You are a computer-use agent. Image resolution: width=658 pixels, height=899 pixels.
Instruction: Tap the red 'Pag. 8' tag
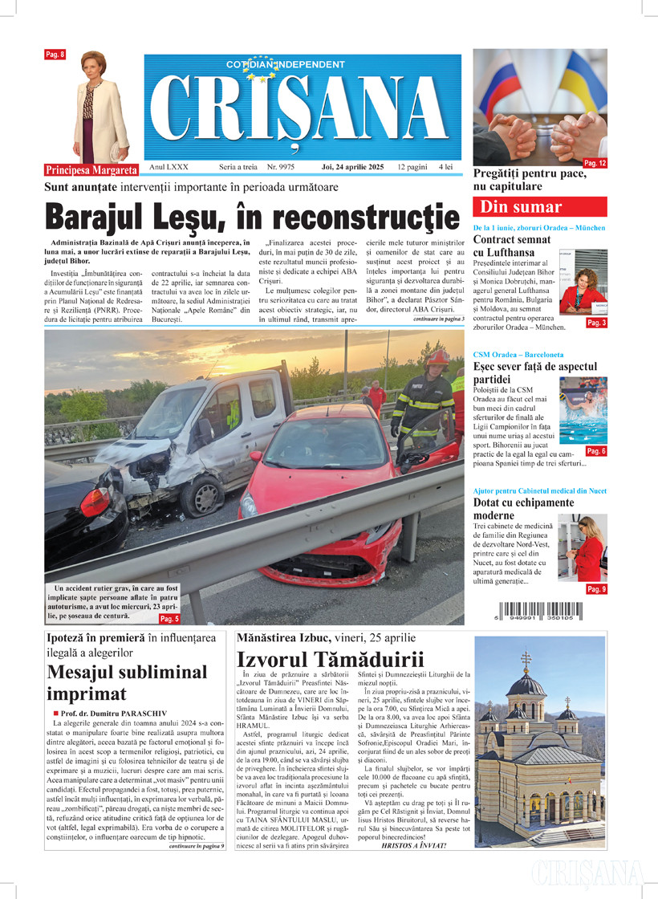tap(55, 55)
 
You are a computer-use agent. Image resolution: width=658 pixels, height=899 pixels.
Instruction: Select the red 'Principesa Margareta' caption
tap(91, 170)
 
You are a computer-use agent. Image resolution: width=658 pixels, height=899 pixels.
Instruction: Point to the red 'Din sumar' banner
tap(522, 207)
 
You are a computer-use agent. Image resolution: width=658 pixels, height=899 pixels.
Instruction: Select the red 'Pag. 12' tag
tap(595, 163)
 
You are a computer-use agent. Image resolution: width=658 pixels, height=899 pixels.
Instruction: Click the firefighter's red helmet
tap(436, 357)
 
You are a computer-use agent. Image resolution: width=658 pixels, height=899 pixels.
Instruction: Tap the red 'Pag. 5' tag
tap(169, 619)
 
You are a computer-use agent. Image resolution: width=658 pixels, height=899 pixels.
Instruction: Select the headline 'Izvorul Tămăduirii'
tap(330, 661)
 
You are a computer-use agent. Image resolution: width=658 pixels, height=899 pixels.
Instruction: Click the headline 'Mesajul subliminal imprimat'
tap(127, 682)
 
